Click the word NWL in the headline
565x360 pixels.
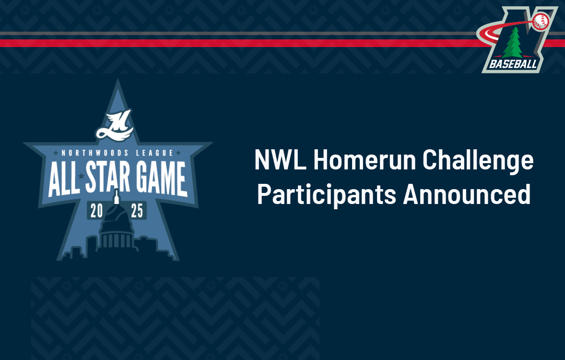click(x=280, y=159)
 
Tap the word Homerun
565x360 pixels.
click(x=365, y=159)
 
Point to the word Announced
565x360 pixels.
click(x=467, y=194)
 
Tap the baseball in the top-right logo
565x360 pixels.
click(x=541, y=21)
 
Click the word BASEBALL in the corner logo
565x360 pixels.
click(x=513, y=64)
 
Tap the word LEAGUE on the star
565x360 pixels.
click(x=154, y=153)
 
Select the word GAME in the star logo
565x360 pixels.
click(x=161, y=178)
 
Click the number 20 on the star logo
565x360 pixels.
click(x=96, y=211)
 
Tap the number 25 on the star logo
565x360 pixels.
click(x=137, y=211)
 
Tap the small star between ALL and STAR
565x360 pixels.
click(x=81, y=176)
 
